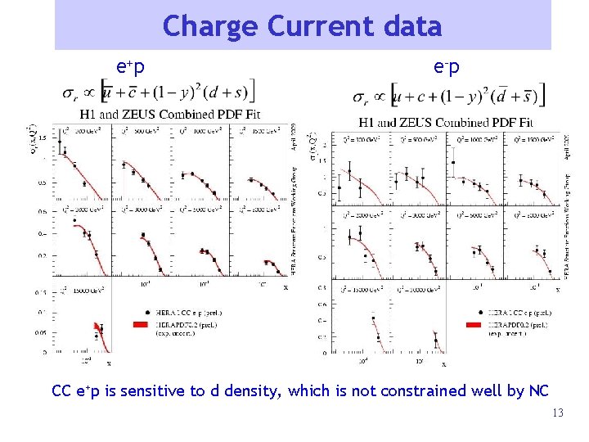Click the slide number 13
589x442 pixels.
coord(558,413)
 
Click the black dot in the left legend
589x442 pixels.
coord(146,313)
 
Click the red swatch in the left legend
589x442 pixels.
coord(146,325)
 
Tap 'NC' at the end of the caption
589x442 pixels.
coord(538,391)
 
